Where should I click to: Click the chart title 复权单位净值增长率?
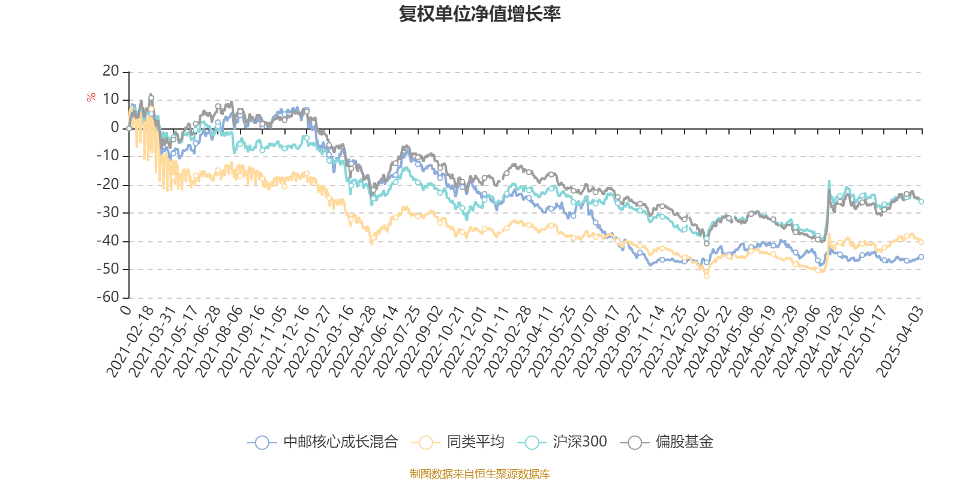(x=480, y=14)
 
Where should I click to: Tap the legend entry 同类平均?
(x=458, y=443)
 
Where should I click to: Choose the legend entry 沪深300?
(x=566, y=443)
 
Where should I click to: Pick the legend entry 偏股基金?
(x=671, y=443)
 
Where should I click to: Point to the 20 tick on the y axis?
(x=111, y=71)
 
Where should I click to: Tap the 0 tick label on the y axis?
(x=115, y=128)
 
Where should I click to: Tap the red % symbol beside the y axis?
(x=91, y=98)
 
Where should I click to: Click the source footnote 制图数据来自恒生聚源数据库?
(x=480, y=474)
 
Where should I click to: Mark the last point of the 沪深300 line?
(x=921, y=202)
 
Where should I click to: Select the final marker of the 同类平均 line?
(x=921, y=242)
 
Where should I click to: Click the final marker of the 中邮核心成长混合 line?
(x=921, y=257)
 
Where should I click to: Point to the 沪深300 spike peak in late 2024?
(x=829, y=181)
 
